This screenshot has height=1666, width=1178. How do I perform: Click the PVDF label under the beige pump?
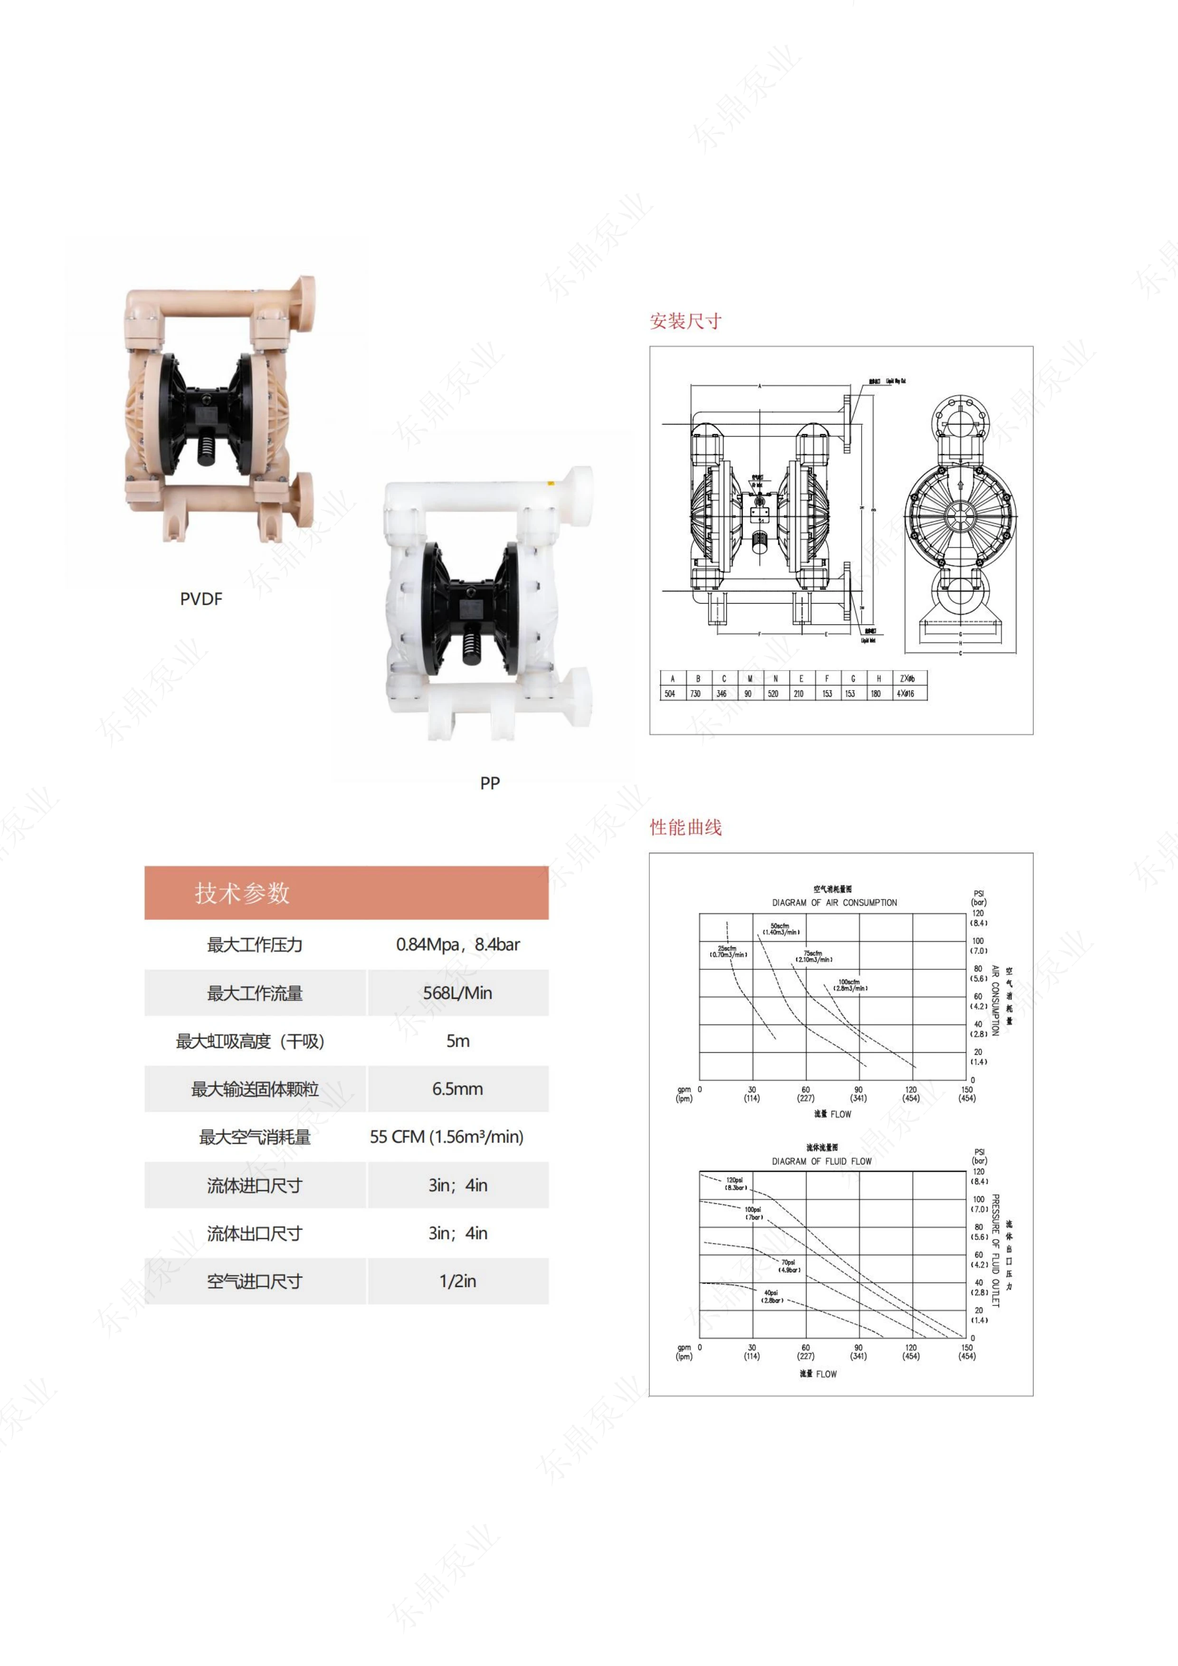coord(201,598)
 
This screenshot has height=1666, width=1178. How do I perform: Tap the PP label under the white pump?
coord(490,783)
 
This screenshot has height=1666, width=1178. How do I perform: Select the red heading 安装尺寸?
coord(685,321)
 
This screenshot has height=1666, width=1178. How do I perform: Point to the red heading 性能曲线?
coord(685,827)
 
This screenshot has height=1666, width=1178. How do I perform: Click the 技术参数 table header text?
coord(242,892)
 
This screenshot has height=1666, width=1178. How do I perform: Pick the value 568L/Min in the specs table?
coord(457,993)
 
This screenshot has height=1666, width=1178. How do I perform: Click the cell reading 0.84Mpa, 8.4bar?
coord(457,945)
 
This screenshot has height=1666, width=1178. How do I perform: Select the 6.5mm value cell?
coord(457,1089)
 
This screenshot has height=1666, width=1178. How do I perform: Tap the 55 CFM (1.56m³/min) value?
coord(446,1136)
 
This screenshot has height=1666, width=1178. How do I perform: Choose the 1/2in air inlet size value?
coord(457,1281)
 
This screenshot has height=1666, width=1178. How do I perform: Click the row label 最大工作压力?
coord(254,945)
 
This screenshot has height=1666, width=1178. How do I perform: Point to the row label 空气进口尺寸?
coord(254,1281)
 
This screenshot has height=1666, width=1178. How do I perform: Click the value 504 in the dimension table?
coord(670,694)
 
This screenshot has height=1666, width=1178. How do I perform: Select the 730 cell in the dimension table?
coord(695,694)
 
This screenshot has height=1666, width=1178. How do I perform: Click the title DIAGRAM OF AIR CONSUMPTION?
coord(834,903)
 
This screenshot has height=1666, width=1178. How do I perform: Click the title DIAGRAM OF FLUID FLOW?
coord(822,1161)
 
